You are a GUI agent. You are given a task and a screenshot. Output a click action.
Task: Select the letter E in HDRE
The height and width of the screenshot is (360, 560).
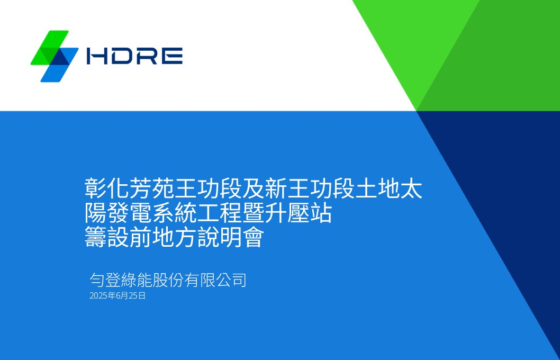[x=173, y=56]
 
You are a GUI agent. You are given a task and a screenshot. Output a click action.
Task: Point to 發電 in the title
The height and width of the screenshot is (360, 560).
[x=129, y=214]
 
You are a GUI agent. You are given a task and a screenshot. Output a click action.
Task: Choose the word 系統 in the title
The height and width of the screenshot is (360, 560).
[x=175, y=214]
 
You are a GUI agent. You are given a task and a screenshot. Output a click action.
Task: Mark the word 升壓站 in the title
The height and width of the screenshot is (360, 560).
[x=299, y=214]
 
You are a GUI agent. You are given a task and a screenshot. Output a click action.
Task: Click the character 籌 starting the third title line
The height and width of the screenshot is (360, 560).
[x=96, y=238]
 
